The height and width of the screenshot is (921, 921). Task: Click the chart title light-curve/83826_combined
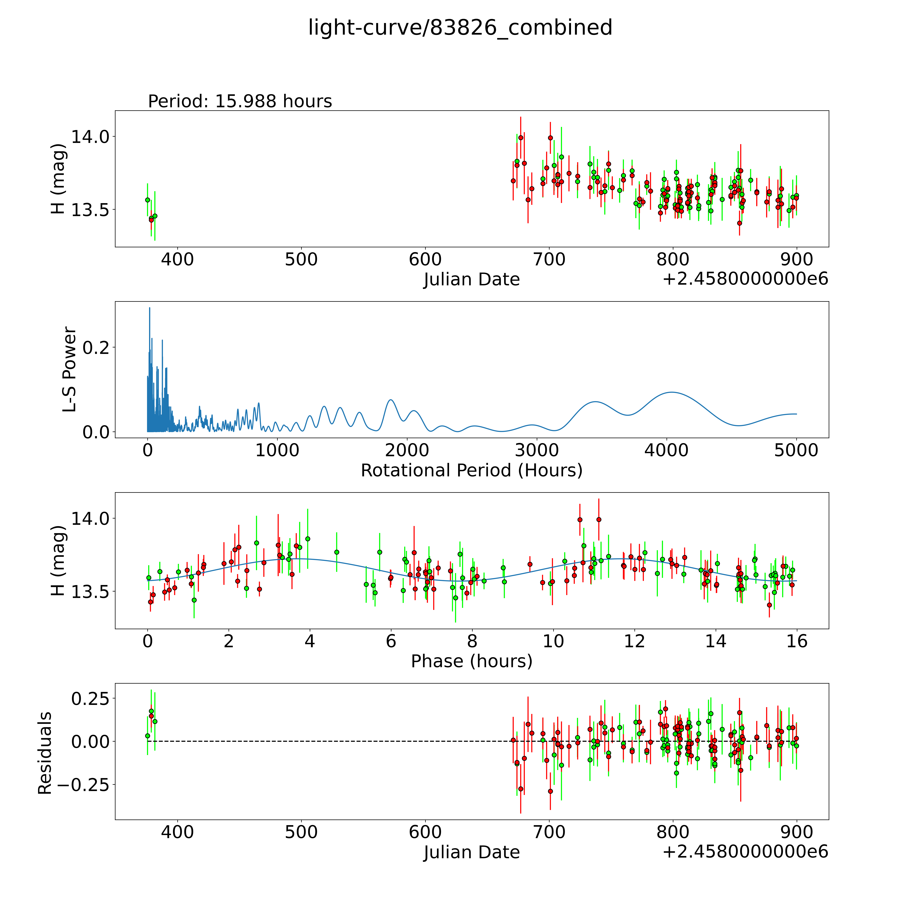pos(460,28)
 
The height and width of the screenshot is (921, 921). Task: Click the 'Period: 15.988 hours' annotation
pos(240,101)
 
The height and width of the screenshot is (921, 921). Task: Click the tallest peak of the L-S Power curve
pos(149,308)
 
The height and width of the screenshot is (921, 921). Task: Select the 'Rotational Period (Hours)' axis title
pos(471,471)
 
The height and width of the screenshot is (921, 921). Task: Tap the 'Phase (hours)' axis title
pos(471,661)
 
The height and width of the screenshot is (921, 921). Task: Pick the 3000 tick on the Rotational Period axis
pos(537,450)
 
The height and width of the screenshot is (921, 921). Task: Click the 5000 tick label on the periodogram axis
pos(796,450)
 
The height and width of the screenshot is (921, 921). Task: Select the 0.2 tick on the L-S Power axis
pos(96,347)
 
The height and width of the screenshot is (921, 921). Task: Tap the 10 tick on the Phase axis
pos(553,641)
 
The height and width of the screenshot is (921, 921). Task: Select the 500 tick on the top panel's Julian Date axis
pos(301,260)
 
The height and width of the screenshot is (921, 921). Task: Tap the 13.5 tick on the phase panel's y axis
pos(90,592)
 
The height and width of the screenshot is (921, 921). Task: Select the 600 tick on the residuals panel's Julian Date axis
pos(425,832)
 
